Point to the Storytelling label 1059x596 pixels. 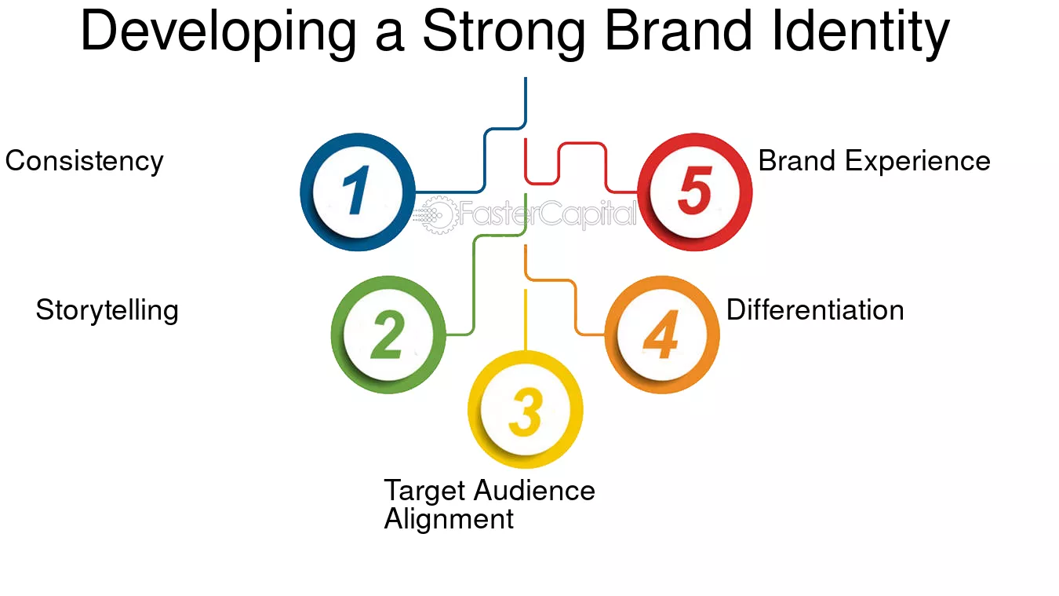[107, 311]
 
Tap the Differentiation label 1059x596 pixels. [815, 310]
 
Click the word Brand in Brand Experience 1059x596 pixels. [797, 161]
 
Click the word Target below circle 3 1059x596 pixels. [424, 492]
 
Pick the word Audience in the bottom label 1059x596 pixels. [535, 490]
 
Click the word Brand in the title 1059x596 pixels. [679, 31]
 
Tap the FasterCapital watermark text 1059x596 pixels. [548, 214]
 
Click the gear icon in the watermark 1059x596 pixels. [439, 215]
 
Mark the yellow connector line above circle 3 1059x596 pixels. [526, 320]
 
